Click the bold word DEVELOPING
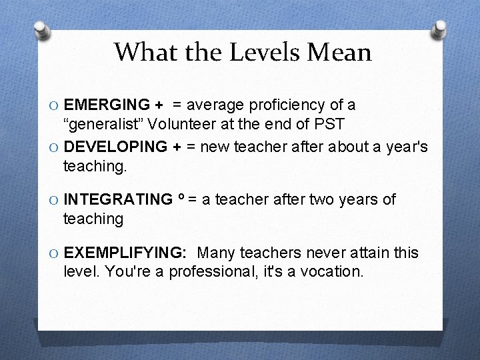(x=115, y=147)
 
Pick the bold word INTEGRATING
(x=117, y=199)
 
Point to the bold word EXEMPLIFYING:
(x=125, y=253)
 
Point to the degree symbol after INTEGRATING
(x=181, y=197)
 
